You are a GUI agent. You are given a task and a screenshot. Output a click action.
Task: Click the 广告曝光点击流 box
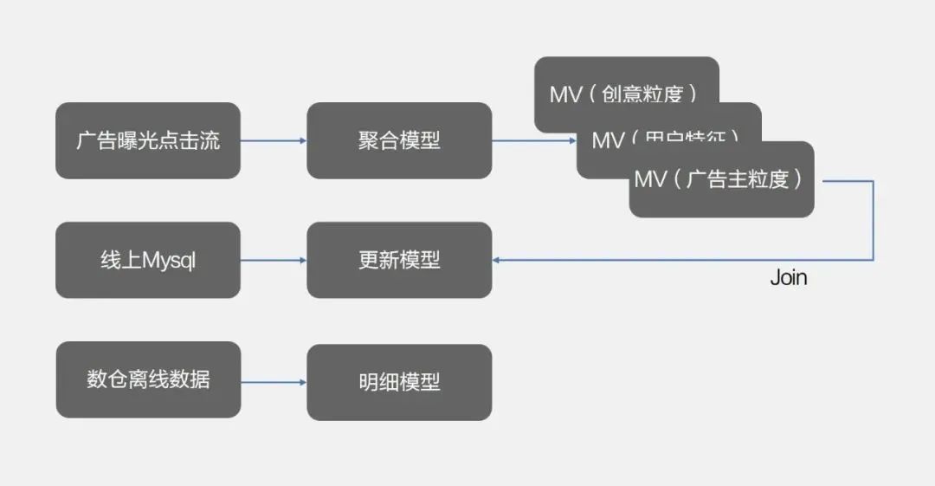[x=148, y=140]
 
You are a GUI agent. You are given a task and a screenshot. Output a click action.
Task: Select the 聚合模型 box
[x=399, y=140]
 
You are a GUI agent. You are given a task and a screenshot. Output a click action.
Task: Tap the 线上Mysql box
[x=148, y=260]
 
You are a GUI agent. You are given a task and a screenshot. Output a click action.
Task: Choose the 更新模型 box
[x=399, y=260]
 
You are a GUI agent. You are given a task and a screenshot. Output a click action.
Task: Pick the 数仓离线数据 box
[x=148, y=379]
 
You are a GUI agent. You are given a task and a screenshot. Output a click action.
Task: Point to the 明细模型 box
[x=399, y=382]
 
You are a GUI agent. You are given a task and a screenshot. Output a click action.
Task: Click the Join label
[x=788, y=278]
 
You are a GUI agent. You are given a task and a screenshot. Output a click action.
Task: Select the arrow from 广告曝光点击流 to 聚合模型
[x=274, y=140]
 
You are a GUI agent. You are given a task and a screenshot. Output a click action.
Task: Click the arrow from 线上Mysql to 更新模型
[x=274, y=260]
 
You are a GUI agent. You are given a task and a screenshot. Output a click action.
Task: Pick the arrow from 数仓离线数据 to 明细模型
[x=274, y=382]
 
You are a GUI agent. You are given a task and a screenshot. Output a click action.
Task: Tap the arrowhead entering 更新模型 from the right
[x=497, y=260]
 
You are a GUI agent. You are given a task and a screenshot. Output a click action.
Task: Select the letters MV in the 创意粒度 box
[x=566, y=94]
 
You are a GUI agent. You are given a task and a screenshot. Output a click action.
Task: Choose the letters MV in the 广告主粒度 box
[x=651, y=179]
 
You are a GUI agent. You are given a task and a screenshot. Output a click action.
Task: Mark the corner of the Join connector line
[x=873, y=260]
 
